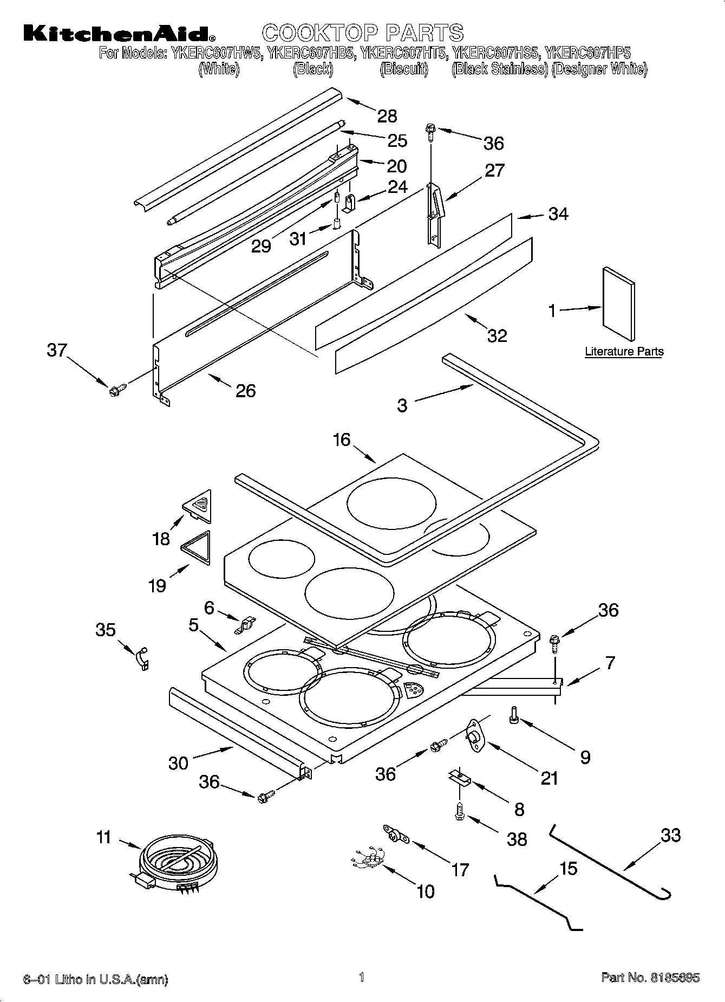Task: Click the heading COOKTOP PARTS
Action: coord(363,33)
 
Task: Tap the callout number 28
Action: coord(387,116)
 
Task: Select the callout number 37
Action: coord(56,350)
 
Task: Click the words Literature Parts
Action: coord(624,352)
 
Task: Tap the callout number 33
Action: coord(670,835)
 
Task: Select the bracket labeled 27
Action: coord(435,214)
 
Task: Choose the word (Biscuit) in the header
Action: coord(404,69)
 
